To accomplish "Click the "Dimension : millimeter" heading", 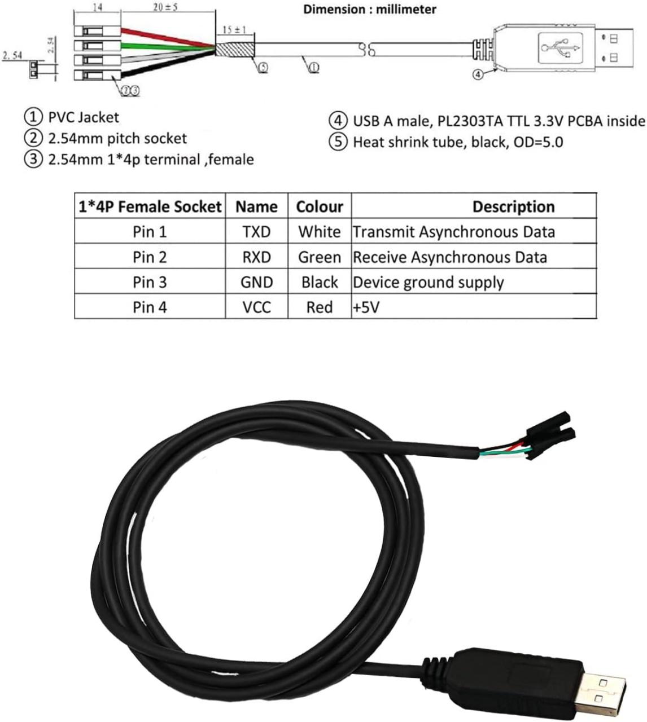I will pos(370,10).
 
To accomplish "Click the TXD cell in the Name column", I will pos(256,232).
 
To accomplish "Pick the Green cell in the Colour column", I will pos(320,257).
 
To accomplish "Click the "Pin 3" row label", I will pos(150,282).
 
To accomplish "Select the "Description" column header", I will pos(513,206).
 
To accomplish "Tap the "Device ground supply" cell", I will pos(428,282).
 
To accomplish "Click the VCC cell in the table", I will pos(256,307).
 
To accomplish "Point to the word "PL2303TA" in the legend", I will pos(466,121).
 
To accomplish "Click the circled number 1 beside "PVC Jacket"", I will pos(33,117).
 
